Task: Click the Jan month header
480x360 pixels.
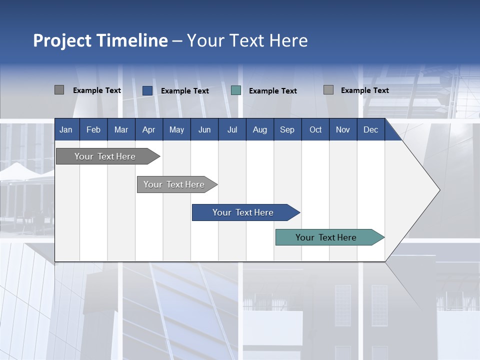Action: pyautogui.click(x=66, y=129)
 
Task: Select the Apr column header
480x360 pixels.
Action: pyautogui.click(x=148, y=129)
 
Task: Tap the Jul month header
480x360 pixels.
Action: pyautogui.click(x=232, y=129)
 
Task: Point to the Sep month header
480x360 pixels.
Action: pyautogui.click(x=287, y=129)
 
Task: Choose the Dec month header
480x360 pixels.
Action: pyautogui.click(x=370, y=129)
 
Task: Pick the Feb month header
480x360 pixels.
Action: pyautogui.click(x=93, y=129)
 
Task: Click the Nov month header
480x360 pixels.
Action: pyautogui.click(x=342, y=129)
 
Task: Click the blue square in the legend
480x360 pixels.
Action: pyautogui.click(x=147, y=90)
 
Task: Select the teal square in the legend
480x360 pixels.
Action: pyautogui.click(x=236, y=90)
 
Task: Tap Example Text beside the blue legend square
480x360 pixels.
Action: pyautogui.click(x=184, y=91)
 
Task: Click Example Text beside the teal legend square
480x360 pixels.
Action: pyautogui.click(x=272, y=91)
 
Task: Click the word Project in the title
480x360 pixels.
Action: pyautogui.click(x=62, y=40)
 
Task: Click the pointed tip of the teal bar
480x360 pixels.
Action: pyautogui.click(x=383, y=237)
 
